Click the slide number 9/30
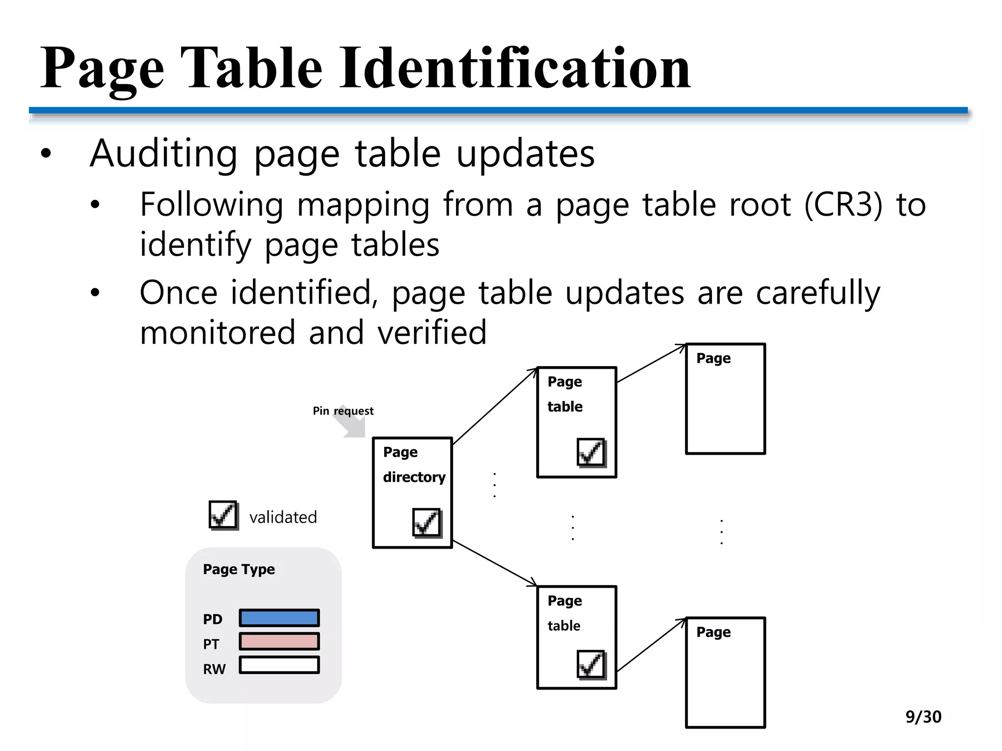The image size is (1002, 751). point(923,717)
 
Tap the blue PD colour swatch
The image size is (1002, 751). point(279,618)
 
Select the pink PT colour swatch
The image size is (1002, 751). point(279,641)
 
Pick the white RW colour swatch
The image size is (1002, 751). point(279,665)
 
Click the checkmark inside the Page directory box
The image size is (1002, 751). point(427,523)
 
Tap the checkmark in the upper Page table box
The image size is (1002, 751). point(591,452)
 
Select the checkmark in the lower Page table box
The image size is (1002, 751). point(591,664)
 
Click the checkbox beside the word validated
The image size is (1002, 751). point(223,515)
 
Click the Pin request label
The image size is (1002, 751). point(343,411)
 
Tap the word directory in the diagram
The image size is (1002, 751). point(414,477)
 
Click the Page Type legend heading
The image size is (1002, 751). point(239,569)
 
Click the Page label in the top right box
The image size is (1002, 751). point(713,358)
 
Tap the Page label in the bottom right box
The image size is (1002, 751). point(713,632)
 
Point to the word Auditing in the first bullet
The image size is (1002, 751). point(164,154)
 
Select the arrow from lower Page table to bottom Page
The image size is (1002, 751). point(651,645)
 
